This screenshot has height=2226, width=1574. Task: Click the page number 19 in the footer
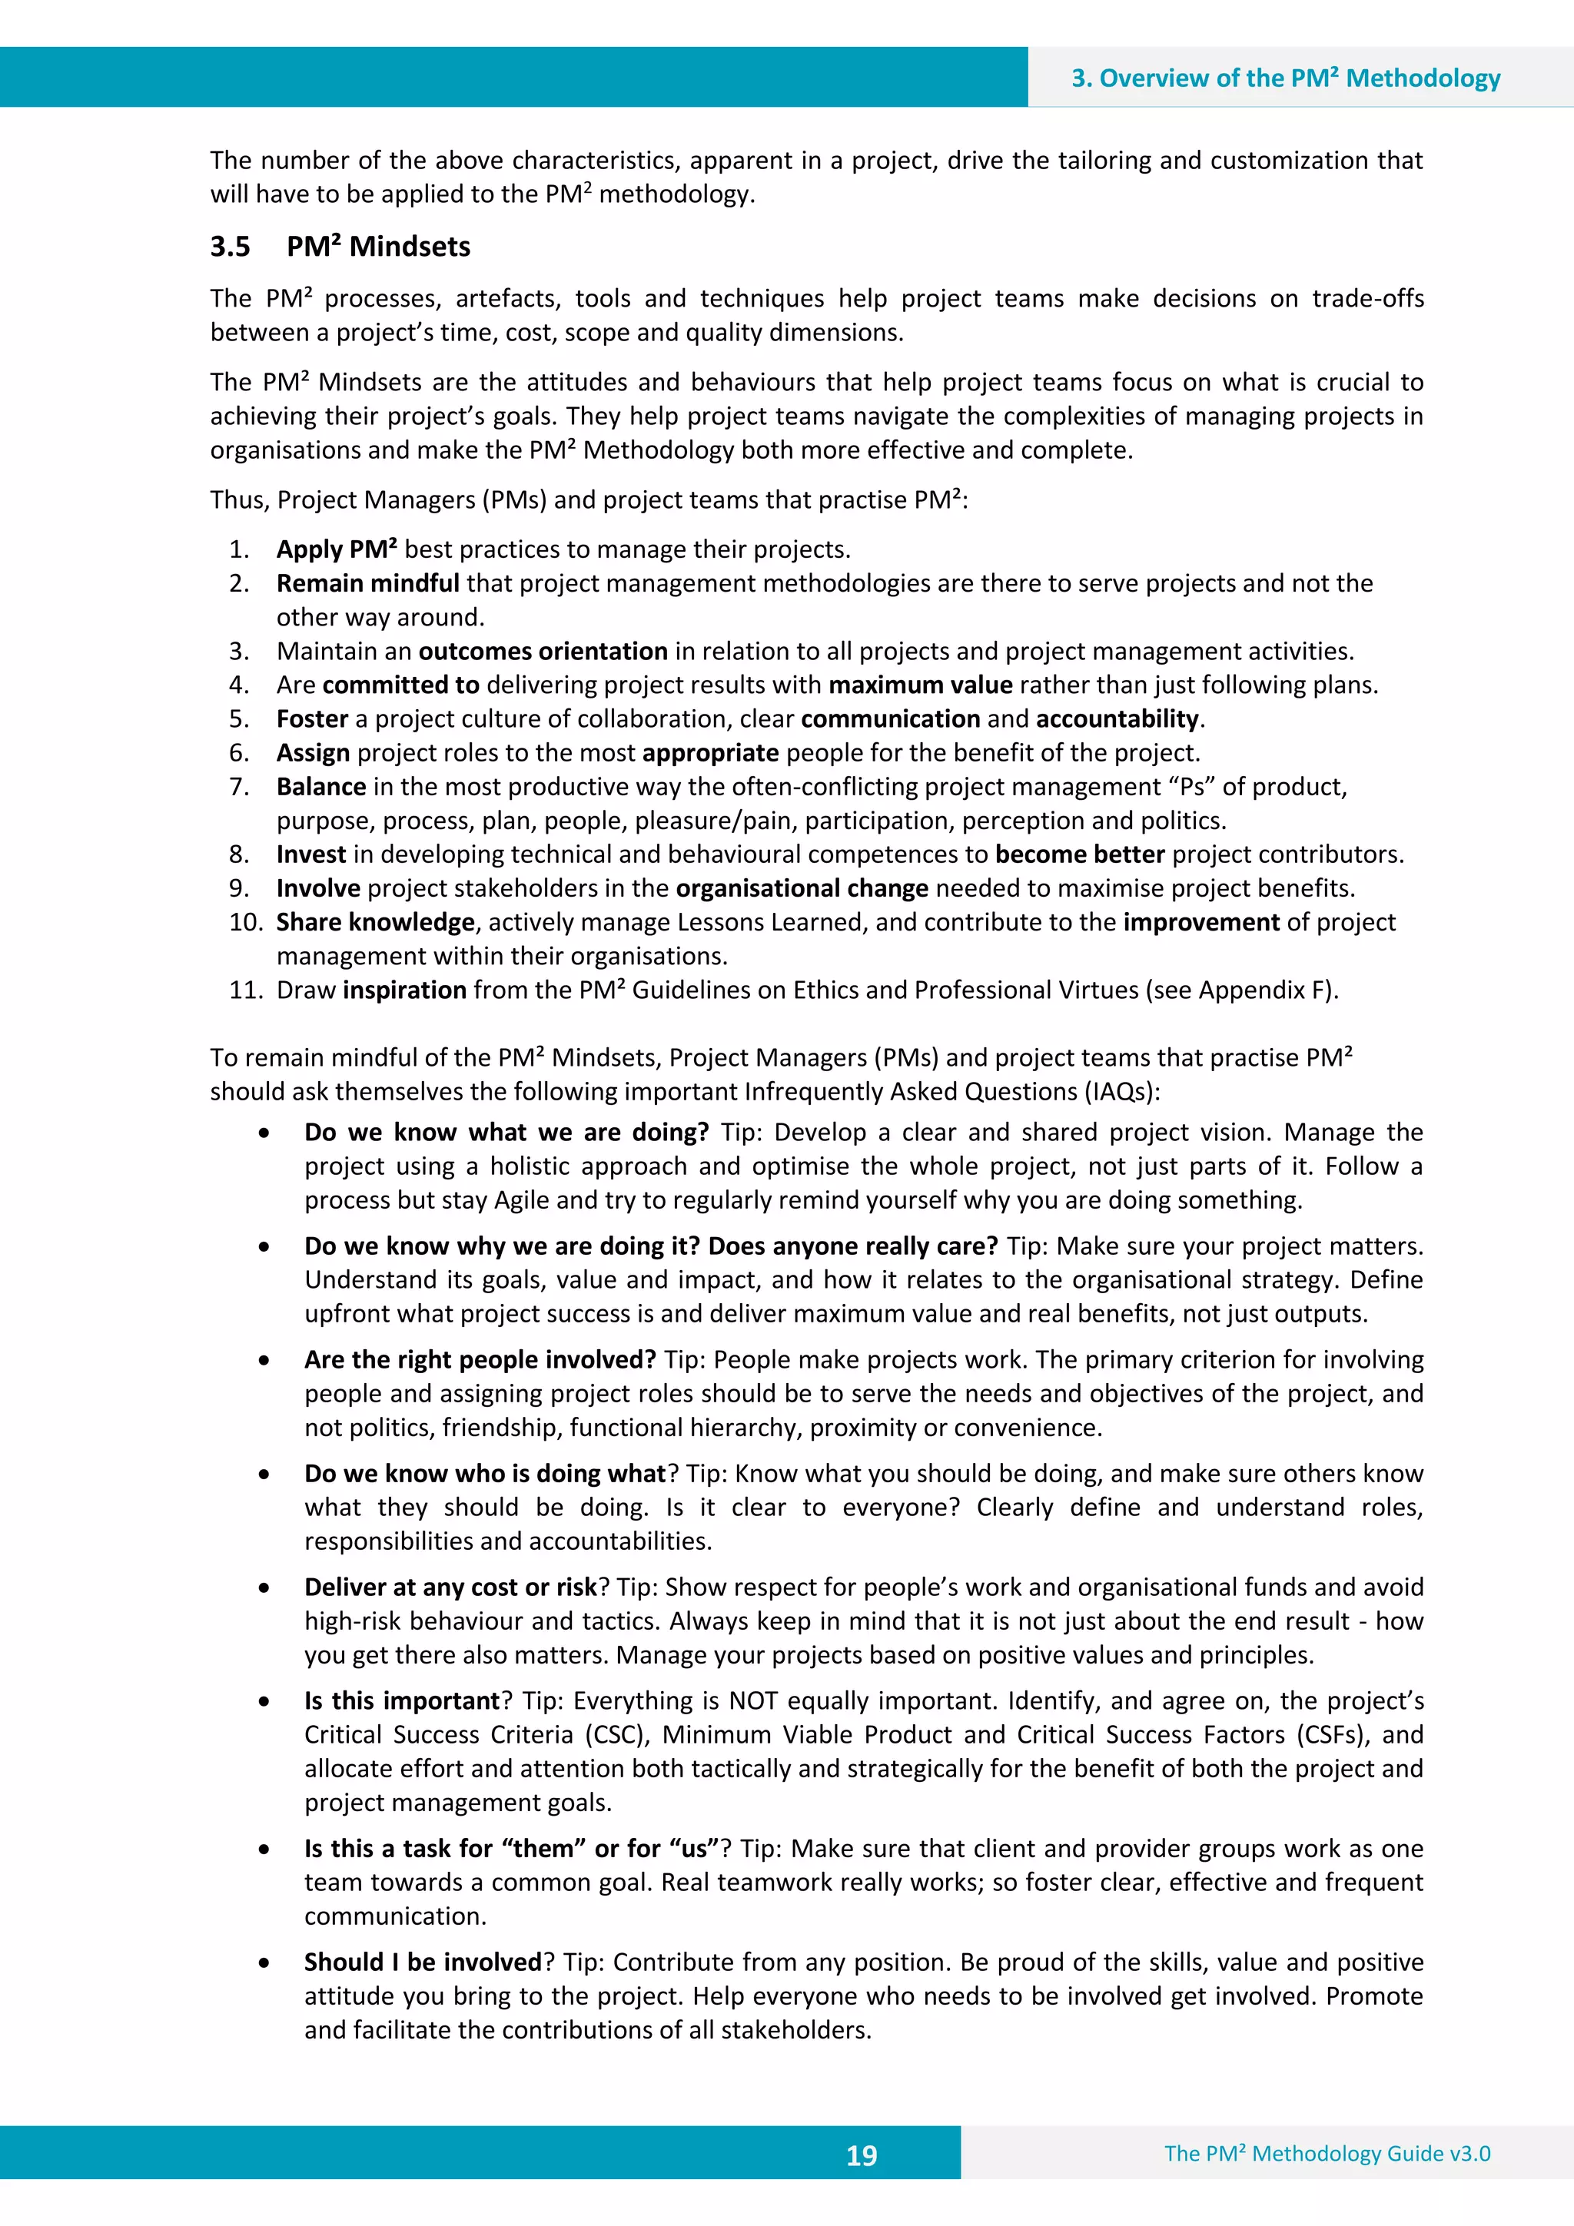862,2155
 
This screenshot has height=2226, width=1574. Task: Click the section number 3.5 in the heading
230,247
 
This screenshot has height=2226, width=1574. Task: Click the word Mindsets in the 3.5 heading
410,247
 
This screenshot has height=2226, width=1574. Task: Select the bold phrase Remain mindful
367,584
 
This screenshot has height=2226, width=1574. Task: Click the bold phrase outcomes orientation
543,652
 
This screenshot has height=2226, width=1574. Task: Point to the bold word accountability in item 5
1117,719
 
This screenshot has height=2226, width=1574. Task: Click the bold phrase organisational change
802,888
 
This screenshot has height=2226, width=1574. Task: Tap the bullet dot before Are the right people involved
264,1362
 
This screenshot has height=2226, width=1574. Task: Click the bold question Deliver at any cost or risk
451,1587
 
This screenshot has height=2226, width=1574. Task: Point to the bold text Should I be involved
423,1962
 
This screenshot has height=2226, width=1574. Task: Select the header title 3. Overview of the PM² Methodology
1285,78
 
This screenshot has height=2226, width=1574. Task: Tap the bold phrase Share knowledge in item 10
375,922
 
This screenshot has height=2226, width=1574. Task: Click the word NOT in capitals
752,1700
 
